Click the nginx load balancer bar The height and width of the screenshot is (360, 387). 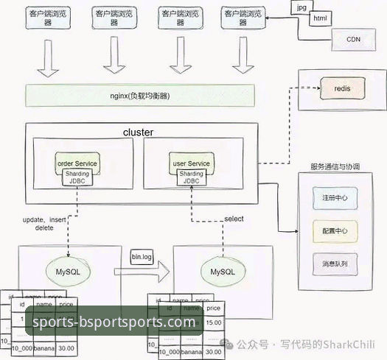pyautogui.click(x=139, y=96)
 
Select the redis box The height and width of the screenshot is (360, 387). pyautogui.click(x=342, y=89)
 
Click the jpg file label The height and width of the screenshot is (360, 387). pyautogui.click(x=300, y=7)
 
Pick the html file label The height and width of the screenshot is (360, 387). pyautogui.click(x=321, y=18)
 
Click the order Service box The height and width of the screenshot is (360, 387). pyautogui.click(x=77, y=163)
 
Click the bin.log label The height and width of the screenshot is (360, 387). pyautogui.click(x=142, y=256)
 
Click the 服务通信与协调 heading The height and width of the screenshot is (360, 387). pyautogui.click(x=335, y=167)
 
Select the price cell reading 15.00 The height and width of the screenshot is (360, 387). pyautogui.click(x=214, y=322)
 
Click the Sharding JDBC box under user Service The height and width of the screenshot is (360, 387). pyautogui.click(x=191, y=178)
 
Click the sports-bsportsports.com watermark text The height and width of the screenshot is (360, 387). pyautogui.click(x=111, y=322)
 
